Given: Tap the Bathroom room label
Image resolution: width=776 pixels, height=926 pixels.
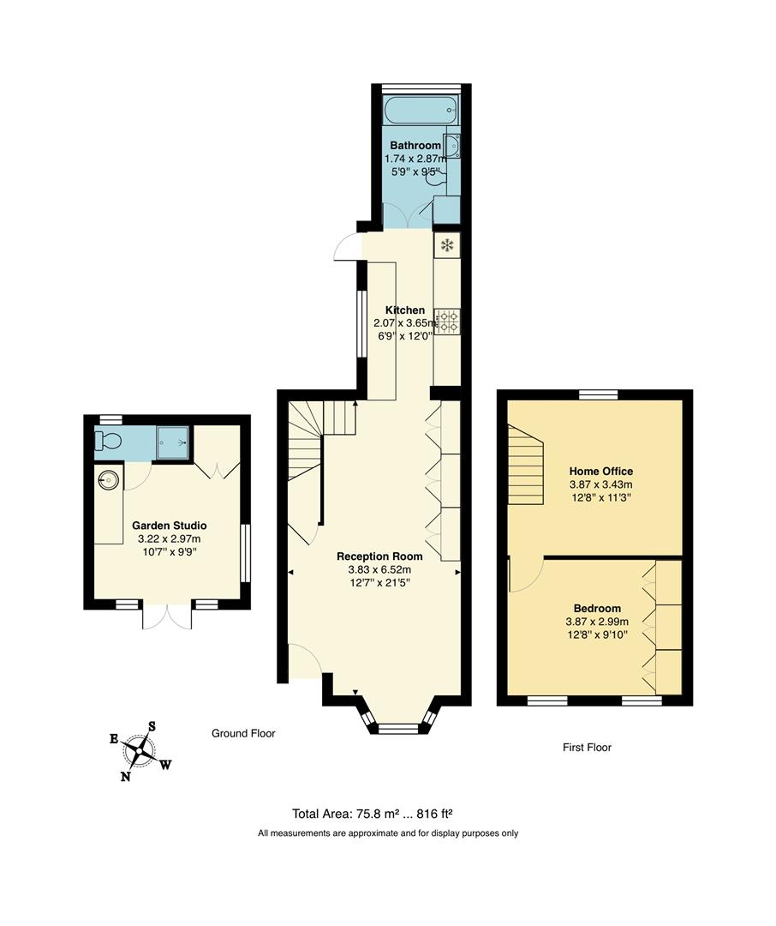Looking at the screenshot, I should click(415, 146).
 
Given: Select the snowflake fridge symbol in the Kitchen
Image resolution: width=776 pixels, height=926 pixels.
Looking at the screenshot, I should click(446, 246).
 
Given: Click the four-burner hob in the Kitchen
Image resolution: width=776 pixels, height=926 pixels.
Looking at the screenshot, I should click(446, 321).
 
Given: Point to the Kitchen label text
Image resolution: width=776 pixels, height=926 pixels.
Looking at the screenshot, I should click(404, 310).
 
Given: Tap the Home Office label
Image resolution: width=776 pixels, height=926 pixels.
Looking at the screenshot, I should click(601, 472).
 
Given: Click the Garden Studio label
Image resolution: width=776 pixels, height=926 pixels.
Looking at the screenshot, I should click(169, 526).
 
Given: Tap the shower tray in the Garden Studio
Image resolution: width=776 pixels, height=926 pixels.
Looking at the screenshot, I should click(172, 442).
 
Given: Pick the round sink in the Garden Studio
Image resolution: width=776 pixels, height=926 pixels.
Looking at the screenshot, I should click(110, 478).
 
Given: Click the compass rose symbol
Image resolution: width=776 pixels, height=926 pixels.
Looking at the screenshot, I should click(139, 750).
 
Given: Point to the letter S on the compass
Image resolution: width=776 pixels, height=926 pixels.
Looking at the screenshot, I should click(152, 726).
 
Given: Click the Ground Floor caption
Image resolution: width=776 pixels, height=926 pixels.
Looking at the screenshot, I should click(243, 734).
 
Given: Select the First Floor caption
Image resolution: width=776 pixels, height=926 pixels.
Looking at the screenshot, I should click(587, 748).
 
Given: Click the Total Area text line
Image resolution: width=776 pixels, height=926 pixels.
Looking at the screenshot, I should click(378, 815).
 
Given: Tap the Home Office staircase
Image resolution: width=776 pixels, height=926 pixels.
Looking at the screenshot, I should click(526, 467).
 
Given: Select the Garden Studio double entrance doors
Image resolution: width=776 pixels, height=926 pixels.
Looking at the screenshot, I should click(167, 616).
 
